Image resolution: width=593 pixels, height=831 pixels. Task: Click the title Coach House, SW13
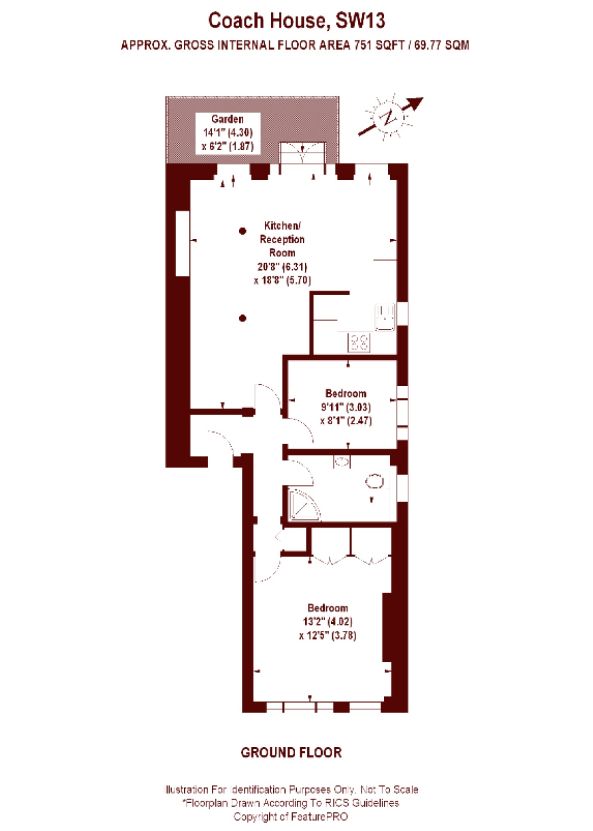click(x=296, y=21)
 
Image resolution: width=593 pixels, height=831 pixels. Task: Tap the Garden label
click(x=227, y=119)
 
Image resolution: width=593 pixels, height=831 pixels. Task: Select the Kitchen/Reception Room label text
click(x=282, y=239)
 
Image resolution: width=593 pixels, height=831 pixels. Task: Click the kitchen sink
click(x=385, y=317)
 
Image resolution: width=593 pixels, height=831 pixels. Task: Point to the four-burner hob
click(x=359, y=342)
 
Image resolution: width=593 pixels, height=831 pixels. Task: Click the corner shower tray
click(x=302, y=505)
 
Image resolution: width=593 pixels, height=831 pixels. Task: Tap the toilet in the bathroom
click(x=375, y=481)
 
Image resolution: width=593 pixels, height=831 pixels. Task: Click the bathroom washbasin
click(x=341, y=462)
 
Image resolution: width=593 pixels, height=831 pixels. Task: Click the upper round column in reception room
click(x=243, y=231)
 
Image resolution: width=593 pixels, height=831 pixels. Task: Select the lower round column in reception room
click(x=243, y=318)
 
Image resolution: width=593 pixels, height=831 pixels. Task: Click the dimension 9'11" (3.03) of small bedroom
click(x=346, y=407)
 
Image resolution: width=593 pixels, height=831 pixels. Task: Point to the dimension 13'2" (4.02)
click(x=327, y=621)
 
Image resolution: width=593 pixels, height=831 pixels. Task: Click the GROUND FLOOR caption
click(x=291, y=752)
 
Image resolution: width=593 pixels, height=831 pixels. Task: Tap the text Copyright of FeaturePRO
click(x=291, y=817)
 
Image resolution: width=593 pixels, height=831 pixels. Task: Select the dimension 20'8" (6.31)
click(x=282, y=267)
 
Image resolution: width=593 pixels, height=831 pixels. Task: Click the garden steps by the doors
click(x=302, y=153)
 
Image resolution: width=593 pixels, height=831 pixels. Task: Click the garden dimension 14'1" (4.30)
click(x=228, y=133)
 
